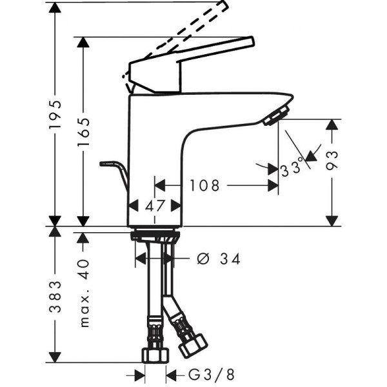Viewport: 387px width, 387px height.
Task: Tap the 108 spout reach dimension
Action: click(x=204, y=186)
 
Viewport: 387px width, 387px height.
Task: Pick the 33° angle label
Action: click(x=292, y=169)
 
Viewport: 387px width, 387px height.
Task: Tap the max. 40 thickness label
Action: click(x=84, y=293)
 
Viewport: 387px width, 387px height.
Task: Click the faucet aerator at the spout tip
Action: click(x=274, y=116)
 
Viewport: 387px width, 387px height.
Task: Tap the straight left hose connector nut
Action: click(x=155, y=354)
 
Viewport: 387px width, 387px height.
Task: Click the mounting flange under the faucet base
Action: click(x=155, y=236)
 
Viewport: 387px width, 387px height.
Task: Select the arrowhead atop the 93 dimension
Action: click(x=332, y=124)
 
